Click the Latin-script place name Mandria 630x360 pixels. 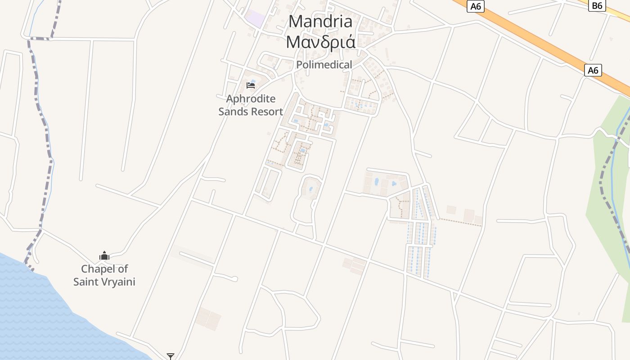[x=320, y=21]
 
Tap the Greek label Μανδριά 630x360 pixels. [x=320, y=42]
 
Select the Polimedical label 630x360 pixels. [x=324, y=65]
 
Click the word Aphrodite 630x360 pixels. [x=251, y=99]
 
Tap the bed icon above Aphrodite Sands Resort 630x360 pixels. [x=251, y=85]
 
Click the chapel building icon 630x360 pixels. [x=104, y=256]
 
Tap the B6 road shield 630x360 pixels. [x=597, y=5]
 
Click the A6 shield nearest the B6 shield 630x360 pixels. [x=475, y=6]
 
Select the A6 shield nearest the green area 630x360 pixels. [x=593, y=70]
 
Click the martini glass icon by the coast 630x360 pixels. [x=170, y=356]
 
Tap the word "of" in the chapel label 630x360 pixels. [x=122, y=269]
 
